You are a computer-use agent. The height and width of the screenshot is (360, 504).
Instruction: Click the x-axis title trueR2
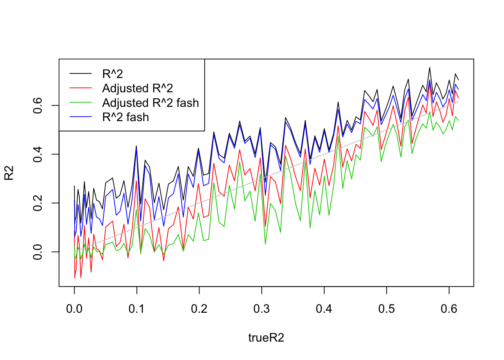(x=266, y=338)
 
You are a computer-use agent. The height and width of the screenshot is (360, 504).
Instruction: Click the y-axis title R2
(x=9, y=173)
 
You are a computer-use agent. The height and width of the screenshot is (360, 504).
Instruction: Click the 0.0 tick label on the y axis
(x=38, y=252)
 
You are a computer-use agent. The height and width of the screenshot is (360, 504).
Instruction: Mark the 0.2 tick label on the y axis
(x=38, y=203)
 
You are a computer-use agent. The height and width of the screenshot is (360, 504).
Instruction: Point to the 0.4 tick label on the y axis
(x=38, y=154)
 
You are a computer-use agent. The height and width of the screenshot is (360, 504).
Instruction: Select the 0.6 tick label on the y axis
(x=38, y=105)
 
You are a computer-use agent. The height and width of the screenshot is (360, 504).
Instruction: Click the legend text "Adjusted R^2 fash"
(x=150, y=103)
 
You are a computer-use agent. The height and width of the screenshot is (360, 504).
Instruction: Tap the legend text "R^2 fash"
(x=125, y=117)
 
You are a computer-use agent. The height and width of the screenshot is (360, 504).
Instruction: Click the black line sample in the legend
(x=81, y=74)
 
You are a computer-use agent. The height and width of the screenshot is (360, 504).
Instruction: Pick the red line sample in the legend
(x=81, y=88)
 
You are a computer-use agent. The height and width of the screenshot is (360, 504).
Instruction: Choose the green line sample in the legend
(x=81, y=103)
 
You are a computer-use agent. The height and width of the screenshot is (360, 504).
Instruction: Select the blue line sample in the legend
(x=81, y=117)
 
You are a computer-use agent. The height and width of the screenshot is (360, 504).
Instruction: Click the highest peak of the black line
(x=430, y=67)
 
